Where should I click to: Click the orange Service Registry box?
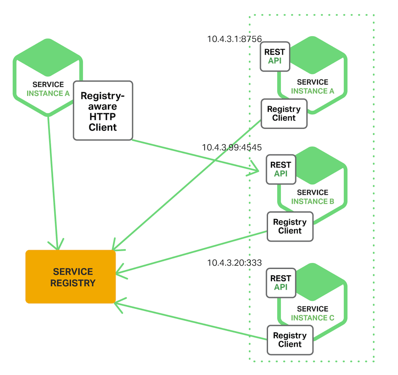click(70, 276)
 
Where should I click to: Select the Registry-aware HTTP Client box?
click(103, 111)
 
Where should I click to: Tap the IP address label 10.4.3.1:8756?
click(234, 39)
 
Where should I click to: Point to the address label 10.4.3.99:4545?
click(232, 147)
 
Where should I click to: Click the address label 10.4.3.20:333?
click(234, 263)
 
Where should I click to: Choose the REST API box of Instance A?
click(275, 57)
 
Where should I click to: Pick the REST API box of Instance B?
click(281, 169)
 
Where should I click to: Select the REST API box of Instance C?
click(281, 283)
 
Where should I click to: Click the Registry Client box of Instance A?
click(284, 114)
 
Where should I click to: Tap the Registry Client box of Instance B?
click(290, 226)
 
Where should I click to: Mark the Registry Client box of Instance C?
click(290, 340)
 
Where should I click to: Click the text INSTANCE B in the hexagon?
click(312, 201)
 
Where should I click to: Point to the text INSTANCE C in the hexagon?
click(312, 318)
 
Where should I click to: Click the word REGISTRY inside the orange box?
click(73, 283)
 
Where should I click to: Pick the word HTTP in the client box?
click(103, 117)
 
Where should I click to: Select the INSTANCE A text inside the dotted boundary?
click(312, 91)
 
